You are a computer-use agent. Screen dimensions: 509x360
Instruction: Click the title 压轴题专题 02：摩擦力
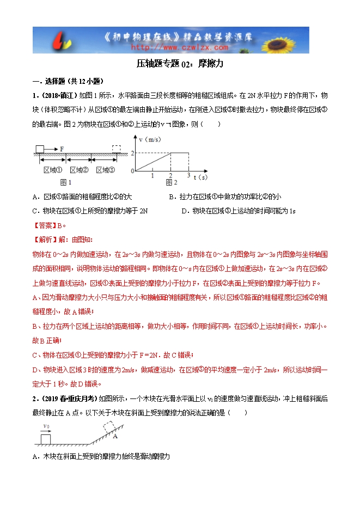pos(180,64)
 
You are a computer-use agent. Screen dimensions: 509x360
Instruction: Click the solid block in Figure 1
pos(40,148)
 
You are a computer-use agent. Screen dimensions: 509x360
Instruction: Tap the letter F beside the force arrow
pos(62,148)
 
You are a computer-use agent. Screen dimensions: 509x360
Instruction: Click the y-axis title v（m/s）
pos(149,139)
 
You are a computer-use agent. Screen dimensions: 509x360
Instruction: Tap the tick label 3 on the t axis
pos(188,175)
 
